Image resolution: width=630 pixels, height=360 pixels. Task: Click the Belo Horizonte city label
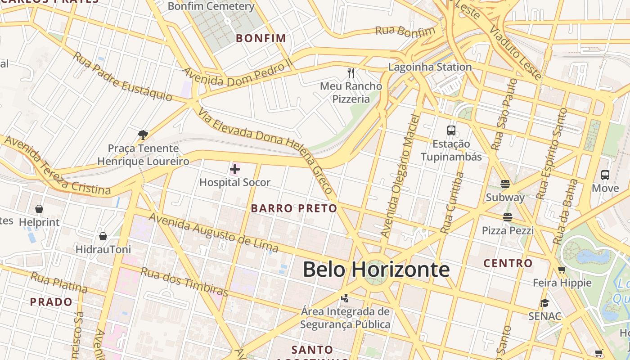(376, 270)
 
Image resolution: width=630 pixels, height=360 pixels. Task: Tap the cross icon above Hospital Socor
(235, 169)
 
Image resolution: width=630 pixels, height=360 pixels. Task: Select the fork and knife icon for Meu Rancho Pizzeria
(351, 72)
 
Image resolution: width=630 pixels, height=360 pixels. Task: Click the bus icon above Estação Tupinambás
(451, 130)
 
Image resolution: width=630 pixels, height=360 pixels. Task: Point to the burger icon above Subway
(505, 184)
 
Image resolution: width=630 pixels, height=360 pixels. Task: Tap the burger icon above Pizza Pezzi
(508, 217)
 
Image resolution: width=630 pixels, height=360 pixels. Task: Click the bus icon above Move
(605, 175)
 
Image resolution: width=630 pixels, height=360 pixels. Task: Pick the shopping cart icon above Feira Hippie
(562, 270)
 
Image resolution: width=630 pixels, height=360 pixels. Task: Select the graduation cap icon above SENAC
(544, 303)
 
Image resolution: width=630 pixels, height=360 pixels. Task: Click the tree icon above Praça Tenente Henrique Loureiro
(143, 135)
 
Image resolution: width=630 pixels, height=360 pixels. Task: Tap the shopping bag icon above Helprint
(39, 209)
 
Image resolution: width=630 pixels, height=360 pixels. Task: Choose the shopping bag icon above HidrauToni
(103, 236)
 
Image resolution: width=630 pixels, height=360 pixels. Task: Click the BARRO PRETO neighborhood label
(294, 208)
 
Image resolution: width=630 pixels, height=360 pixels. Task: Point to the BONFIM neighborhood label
(261, 38)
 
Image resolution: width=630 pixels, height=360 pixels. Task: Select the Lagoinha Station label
(430, 67)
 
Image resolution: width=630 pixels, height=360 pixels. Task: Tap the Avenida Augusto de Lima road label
(213, 233)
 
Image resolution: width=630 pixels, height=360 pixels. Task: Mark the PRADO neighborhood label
(51, 302)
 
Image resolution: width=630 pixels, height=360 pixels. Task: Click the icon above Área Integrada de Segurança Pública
(345, 298)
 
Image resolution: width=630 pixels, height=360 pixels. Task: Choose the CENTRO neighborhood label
(508, 263)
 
